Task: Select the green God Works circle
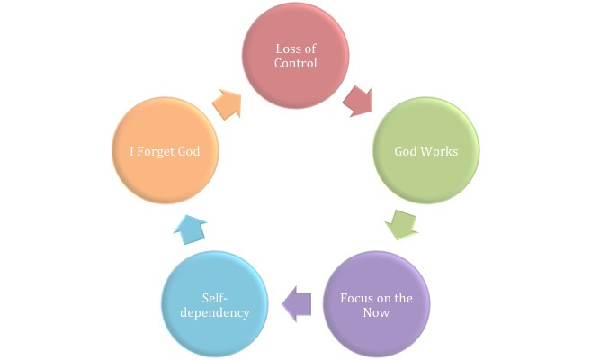pos(426,150)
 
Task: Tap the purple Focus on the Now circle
pos(377,306)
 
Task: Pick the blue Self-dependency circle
pos(213,306)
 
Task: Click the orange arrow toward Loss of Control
pos(228,103)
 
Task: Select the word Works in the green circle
pos(441,150)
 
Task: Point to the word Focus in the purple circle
pos(357,297)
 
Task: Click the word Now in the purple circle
pos(377,313)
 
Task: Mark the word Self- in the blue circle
pos(213,297)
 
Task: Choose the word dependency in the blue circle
pos(213,313)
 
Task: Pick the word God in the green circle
pos(407,150)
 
